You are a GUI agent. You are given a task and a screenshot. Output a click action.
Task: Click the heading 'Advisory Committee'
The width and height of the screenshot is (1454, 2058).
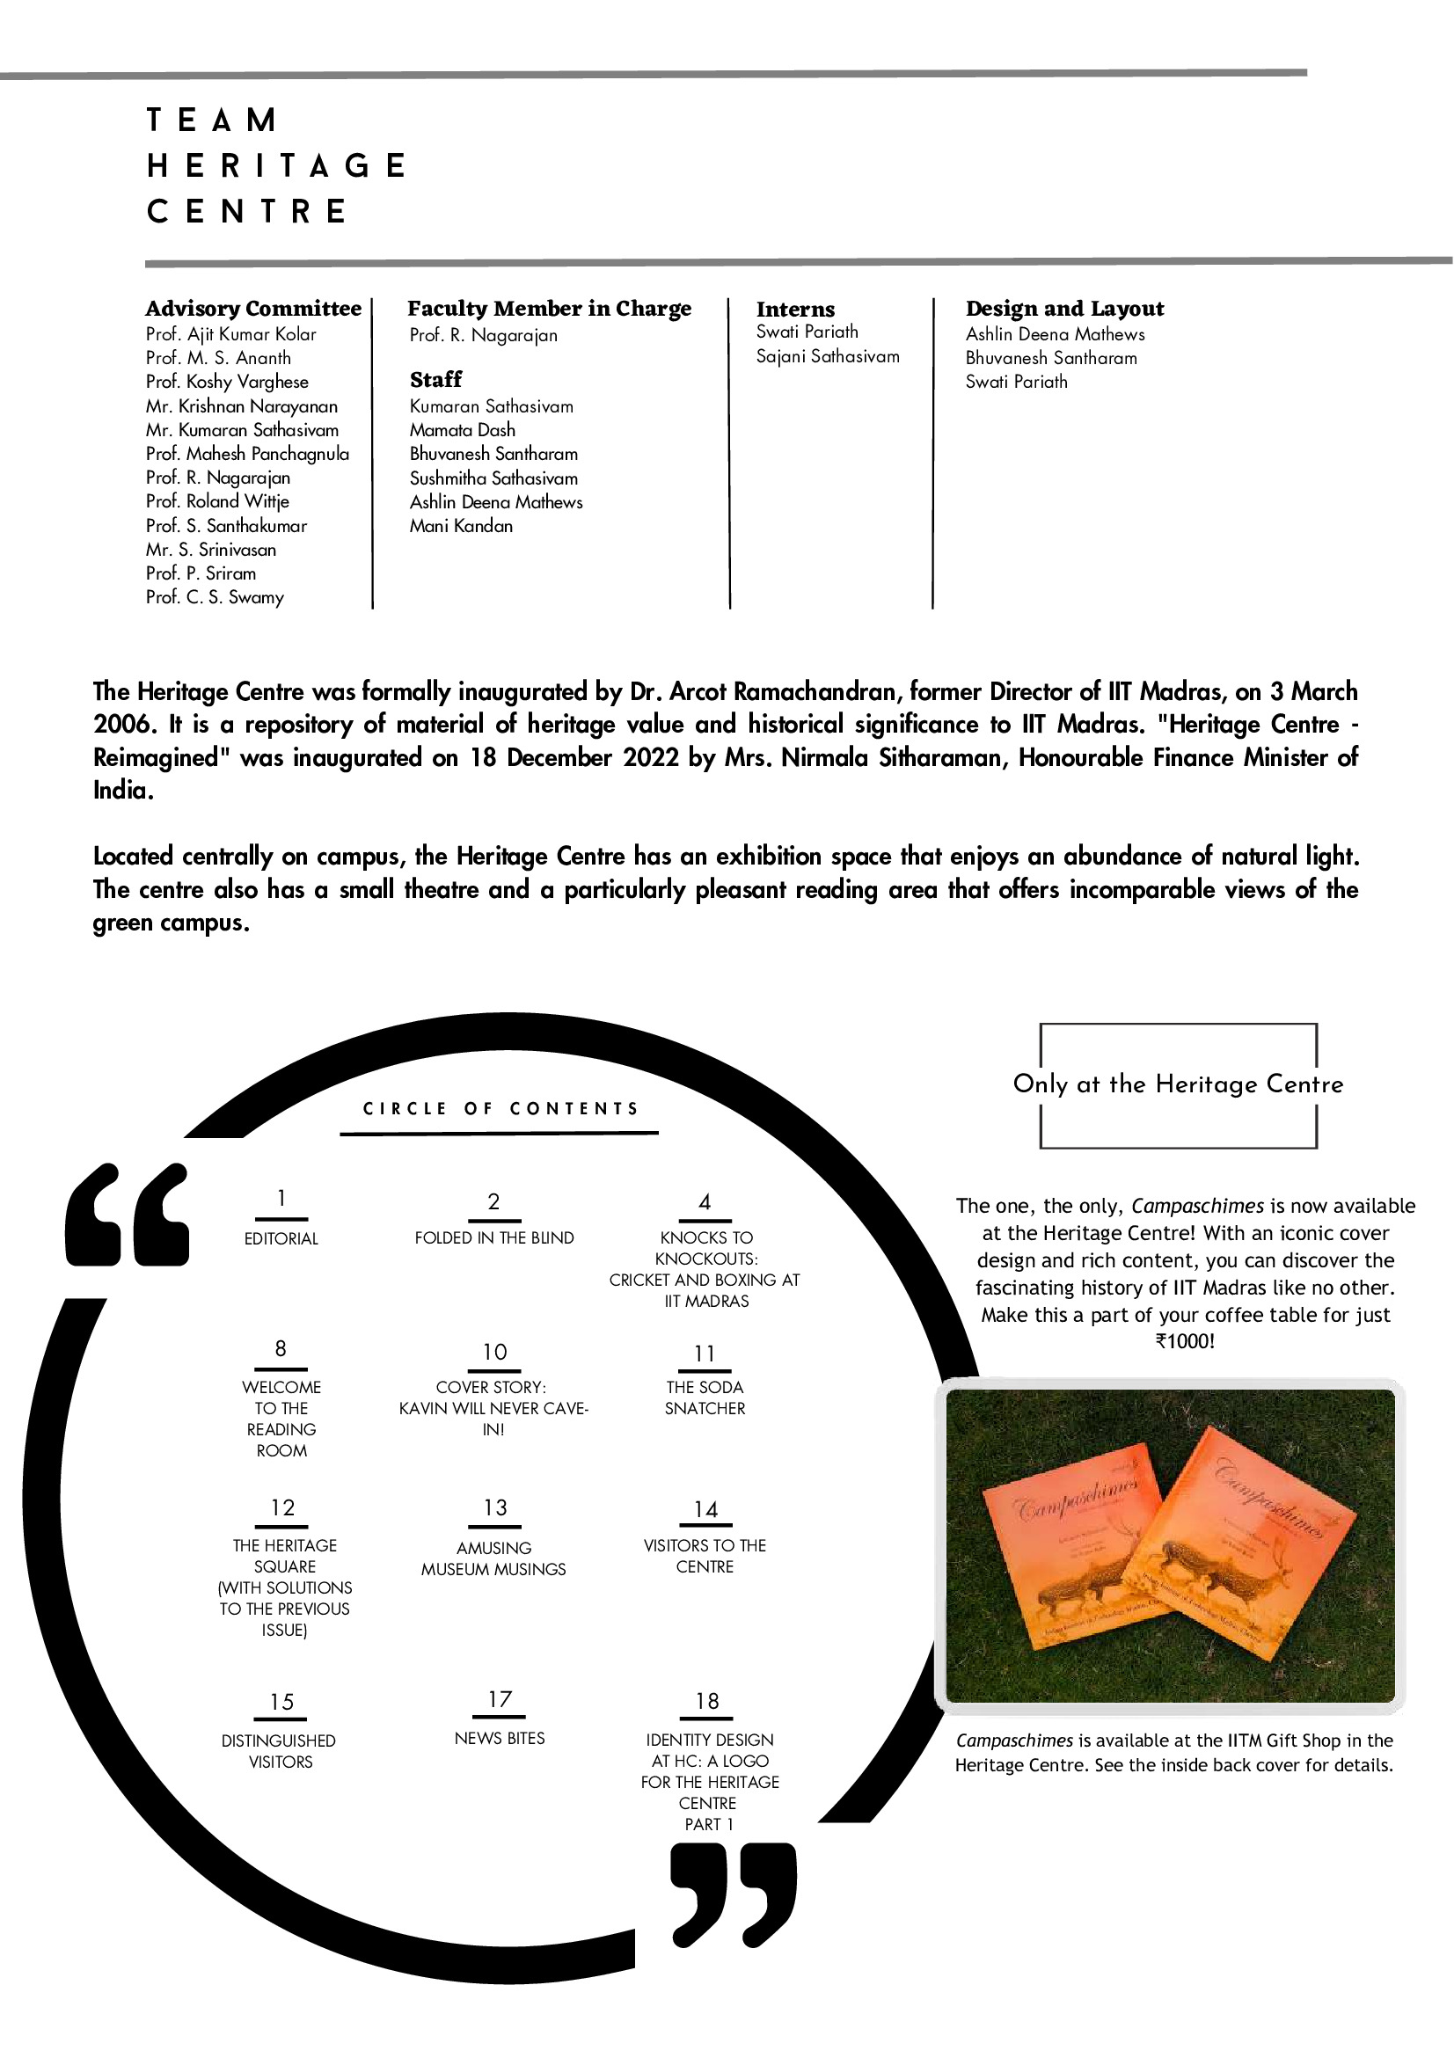coord(252,309)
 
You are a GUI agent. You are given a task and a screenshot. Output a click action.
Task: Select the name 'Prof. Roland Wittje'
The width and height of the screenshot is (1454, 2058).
coord(217,501)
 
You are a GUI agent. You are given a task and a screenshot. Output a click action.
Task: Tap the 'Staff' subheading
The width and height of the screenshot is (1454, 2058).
coord(435,379)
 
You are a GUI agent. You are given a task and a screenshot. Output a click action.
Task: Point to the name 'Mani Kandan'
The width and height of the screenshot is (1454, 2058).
coord(461,526)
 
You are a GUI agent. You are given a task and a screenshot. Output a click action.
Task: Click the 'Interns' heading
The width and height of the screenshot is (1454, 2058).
coord(795,310)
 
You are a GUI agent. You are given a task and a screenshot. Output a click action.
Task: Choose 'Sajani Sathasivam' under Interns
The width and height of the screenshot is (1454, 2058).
coord(828,357)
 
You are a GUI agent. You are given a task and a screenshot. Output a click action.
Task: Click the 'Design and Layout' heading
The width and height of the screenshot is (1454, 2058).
coord(1064,309)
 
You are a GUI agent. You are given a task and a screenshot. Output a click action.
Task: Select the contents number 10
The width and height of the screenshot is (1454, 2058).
coord(495,1352)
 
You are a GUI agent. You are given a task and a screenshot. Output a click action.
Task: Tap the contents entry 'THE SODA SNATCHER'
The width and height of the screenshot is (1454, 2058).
coord(705,1398)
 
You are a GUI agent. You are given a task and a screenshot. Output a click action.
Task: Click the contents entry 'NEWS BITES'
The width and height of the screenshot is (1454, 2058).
coord(500,1738)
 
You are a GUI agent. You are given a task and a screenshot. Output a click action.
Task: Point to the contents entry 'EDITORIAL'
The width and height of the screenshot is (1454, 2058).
coord(281,1238)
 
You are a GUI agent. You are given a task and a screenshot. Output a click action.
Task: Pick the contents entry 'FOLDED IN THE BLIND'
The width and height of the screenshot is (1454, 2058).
coord(494,1237)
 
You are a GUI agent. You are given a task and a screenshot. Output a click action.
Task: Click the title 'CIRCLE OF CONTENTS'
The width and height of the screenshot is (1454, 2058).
coord(500,1109)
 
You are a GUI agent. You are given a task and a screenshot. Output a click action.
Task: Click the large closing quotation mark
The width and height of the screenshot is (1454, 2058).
coord(734,1894)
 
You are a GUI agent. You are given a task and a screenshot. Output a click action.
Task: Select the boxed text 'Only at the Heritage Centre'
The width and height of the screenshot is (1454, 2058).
coord(1178,1084)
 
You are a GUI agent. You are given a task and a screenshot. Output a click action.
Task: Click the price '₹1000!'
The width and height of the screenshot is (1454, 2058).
coord(1185,1342)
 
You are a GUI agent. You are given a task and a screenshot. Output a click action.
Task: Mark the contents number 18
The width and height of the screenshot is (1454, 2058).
coord(707,1701)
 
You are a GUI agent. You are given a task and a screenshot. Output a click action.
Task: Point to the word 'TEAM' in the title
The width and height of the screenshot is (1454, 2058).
coord(212,120)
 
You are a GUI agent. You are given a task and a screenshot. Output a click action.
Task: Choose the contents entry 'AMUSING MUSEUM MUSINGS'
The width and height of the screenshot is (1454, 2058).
coord(494,1558)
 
